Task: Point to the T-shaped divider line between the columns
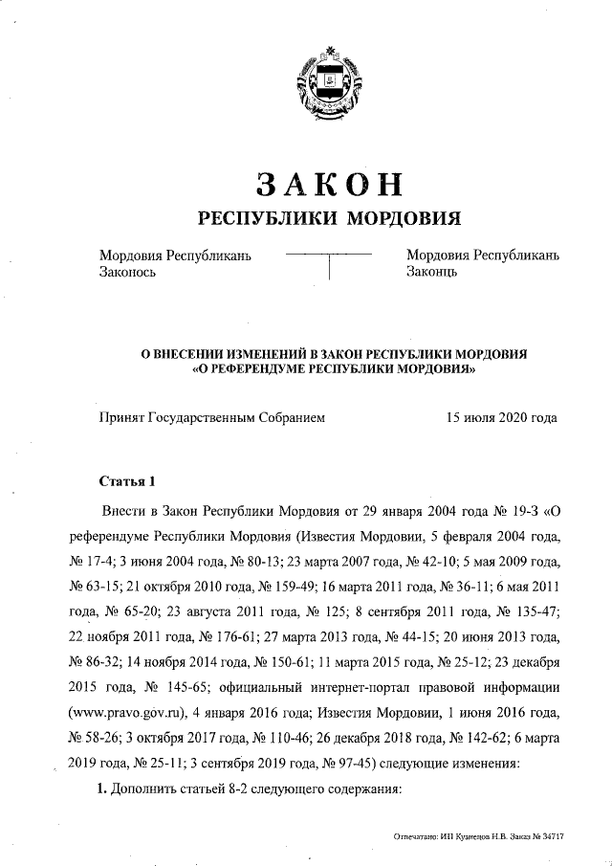point(328,263)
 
